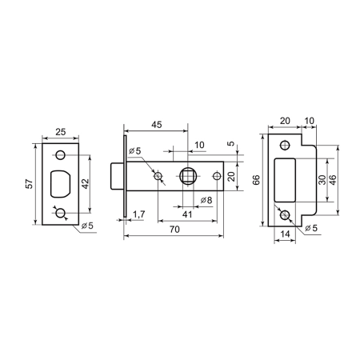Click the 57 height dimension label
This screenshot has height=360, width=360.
(30, 184)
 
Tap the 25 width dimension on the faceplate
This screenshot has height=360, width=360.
(60, 132)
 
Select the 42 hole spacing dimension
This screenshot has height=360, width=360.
(85, 184)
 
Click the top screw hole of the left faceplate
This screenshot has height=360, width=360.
(61, 154)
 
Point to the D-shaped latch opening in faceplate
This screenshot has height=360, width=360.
(60, 184)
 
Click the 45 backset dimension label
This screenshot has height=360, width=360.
(157, 125)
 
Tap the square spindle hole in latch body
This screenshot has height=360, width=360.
(188, 176)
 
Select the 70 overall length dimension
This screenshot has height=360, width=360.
(174, 230)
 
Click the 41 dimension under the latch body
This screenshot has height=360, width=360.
(187, 214)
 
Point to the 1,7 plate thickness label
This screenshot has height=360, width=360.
(138, 214)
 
